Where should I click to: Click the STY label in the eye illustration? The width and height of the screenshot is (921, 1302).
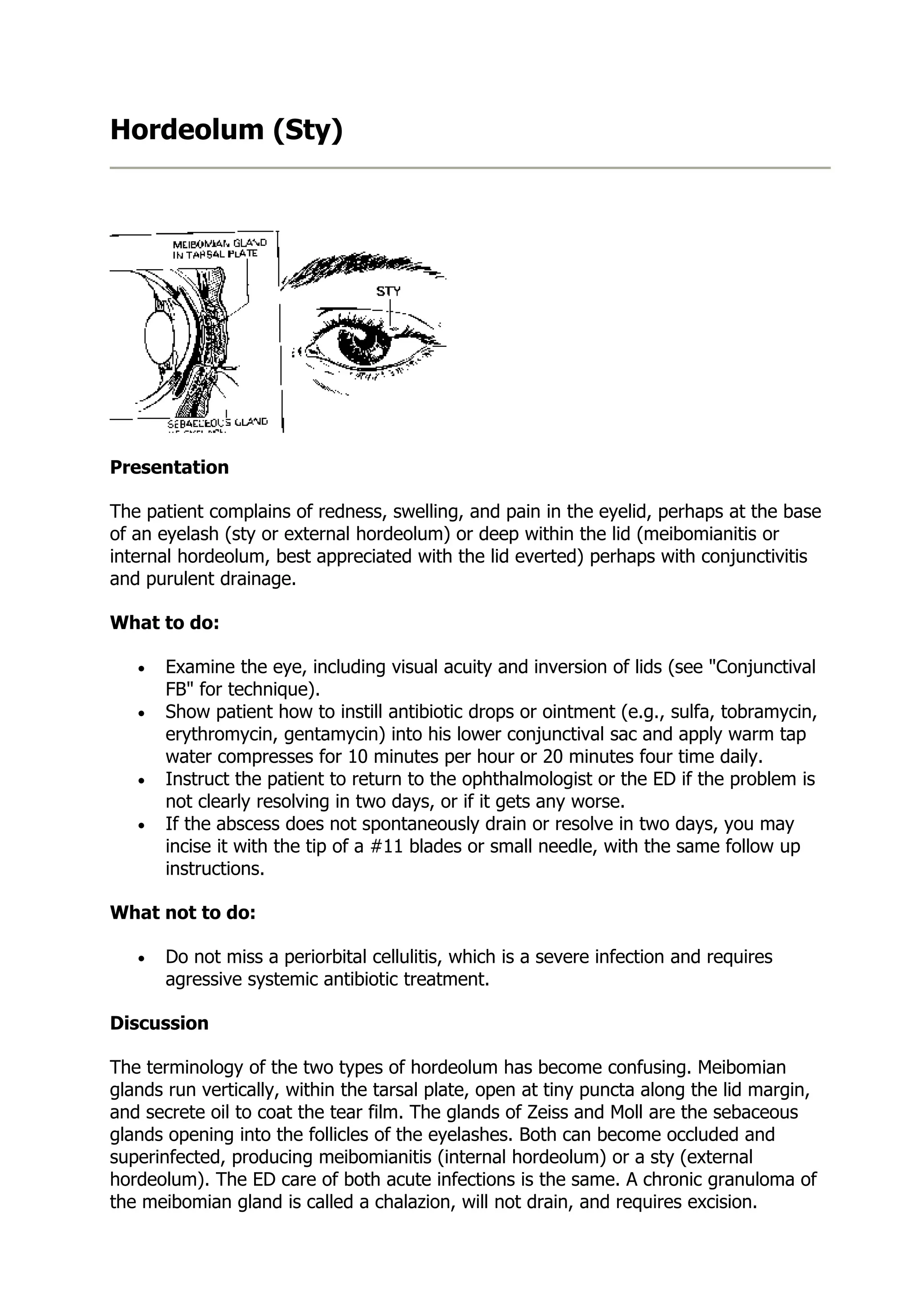click(x=388, y=291)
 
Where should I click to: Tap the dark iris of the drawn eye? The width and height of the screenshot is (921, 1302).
click(x=363, y=344)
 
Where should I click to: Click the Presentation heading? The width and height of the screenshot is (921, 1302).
click(x=169, y=467)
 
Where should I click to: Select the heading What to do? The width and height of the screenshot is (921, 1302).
click(x=165, y=623)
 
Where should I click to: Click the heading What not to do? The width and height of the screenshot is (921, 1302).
click(x=183, y=912)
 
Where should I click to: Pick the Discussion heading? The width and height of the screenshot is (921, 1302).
click(x=159, y=1023)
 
